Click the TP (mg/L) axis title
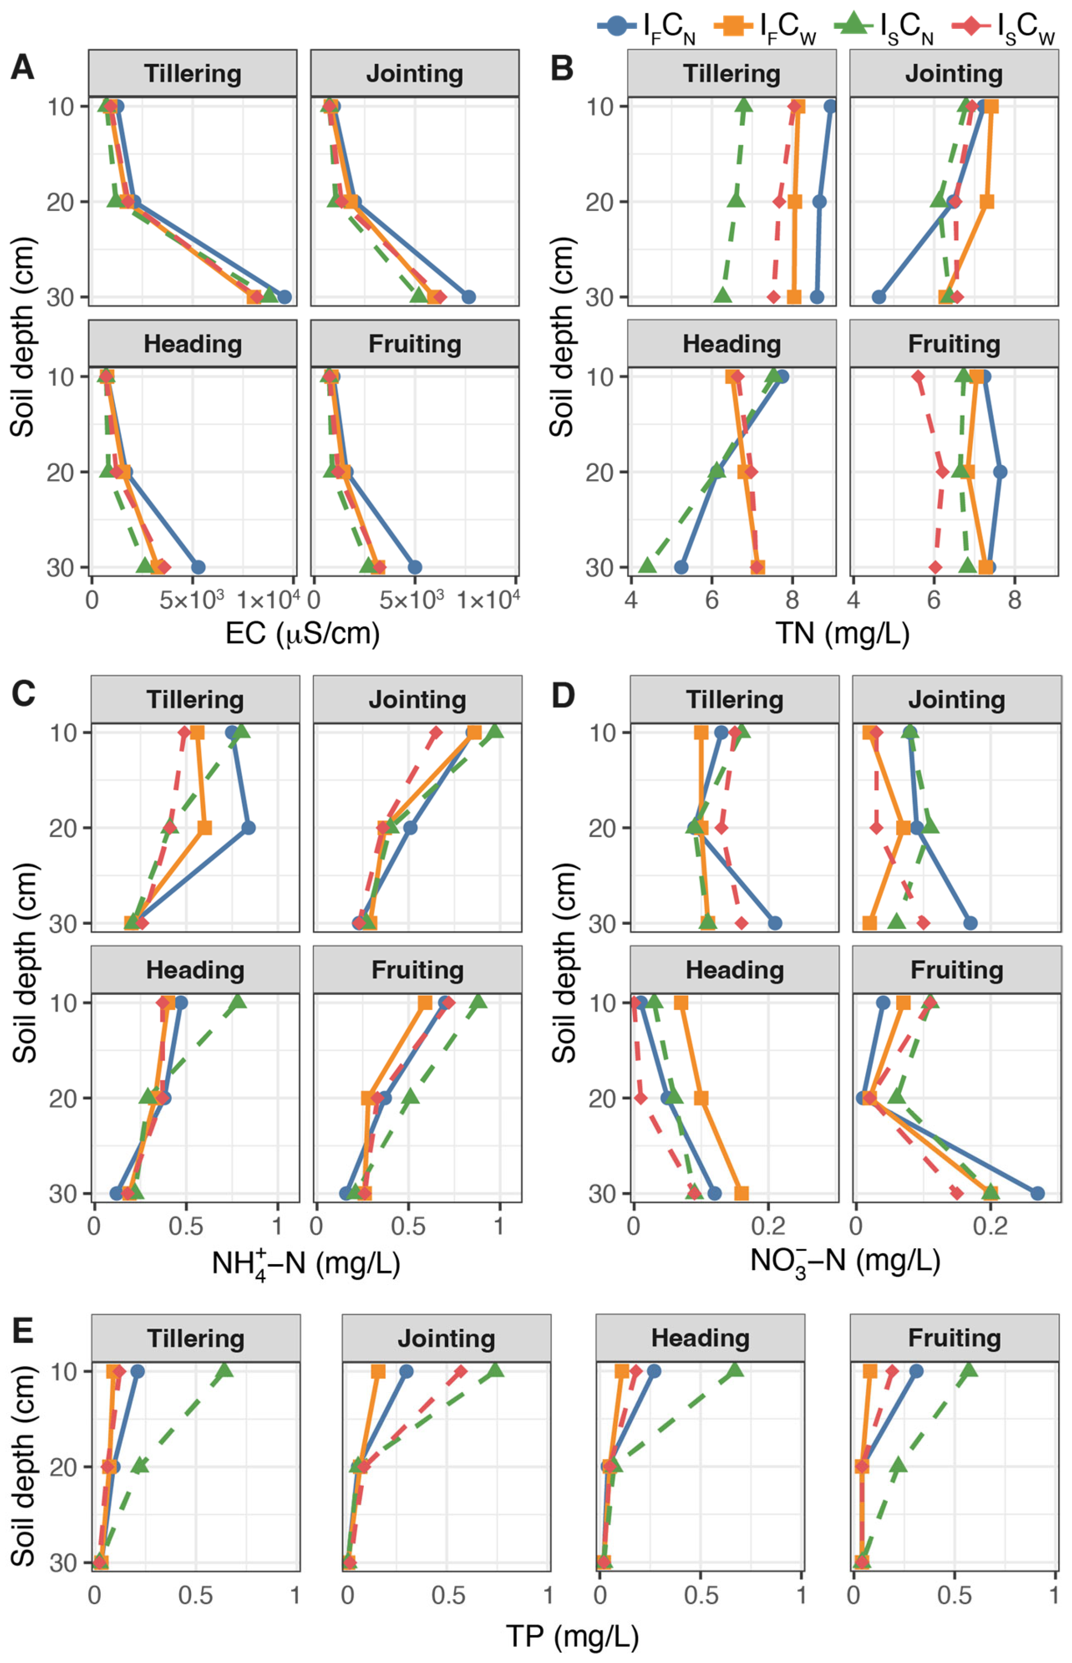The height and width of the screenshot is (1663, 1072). [572, 1636]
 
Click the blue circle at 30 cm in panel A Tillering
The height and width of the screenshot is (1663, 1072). [284, 297]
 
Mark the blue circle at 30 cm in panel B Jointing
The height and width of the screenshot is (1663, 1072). [879, 297]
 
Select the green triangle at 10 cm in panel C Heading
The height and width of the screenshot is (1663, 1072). [239, 1002]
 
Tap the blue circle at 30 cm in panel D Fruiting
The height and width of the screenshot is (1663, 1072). [1037, 1193]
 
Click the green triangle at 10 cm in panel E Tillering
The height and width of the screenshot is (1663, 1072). [224, 1371]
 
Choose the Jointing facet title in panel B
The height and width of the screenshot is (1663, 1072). [953, 74]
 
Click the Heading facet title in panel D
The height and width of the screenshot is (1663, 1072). [734, 970]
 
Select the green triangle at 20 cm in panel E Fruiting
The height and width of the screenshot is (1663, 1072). [898, 1465]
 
